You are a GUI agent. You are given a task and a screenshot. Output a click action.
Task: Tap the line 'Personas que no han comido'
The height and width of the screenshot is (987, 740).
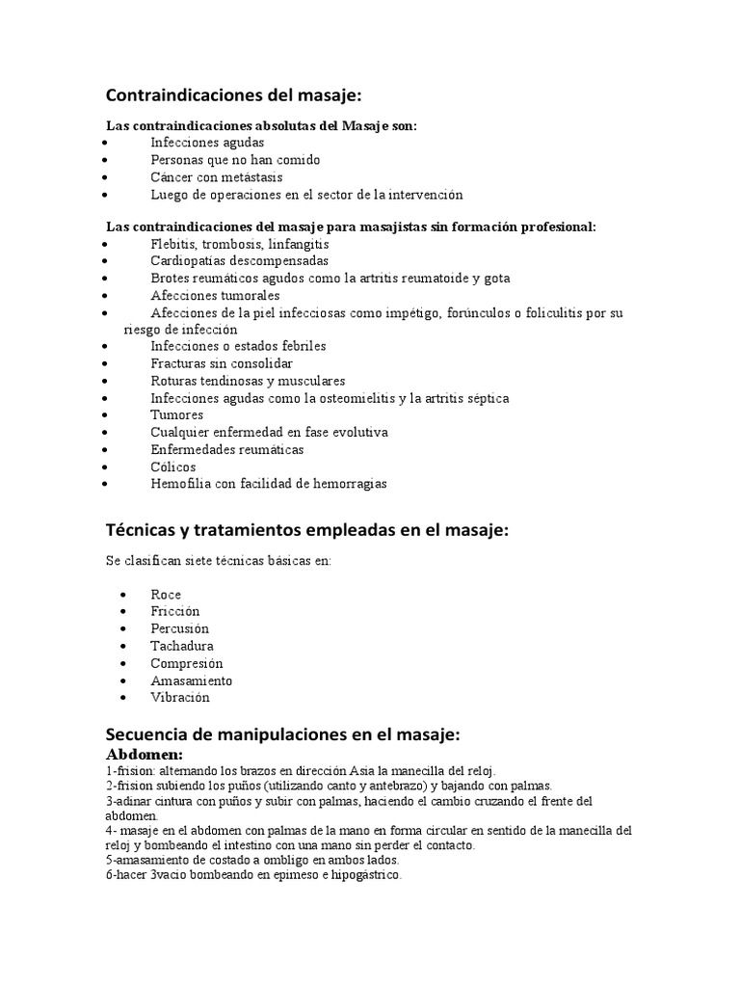point(235,160)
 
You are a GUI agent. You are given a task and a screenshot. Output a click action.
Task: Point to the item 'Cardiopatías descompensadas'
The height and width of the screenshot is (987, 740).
point(239,261)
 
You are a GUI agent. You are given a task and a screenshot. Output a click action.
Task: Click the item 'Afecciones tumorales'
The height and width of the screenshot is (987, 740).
point(215,296)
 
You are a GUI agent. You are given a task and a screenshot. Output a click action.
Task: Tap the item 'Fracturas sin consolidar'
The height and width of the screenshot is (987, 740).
point(222,363)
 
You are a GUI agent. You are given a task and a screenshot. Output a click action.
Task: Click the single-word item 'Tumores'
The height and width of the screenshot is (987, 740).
point(177,415)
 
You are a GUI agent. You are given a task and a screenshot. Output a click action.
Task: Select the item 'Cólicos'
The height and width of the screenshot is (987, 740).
point(173,467)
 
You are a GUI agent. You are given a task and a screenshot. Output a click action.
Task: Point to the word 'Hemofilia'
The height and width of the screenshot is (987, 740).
point(180,485)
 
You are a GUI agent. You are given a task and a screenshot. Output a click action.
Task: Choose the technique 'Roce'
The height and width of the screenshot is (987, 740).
point(166,595)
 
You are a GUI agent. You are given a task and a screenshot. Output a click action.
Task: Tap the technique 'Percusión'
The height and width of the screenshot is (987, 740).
point(179,629)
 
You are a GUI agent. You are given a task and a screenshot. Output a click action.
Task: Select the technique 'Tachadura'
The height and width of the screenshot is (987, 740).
point(182,647)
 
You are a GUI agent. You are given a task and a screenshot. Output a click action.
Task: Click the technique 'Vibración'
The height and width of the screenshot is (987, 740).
point(179,698)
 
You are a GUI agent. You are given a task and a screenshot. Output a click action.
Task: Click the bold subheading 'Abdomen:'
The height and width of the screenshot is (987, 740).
point(145,754)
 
